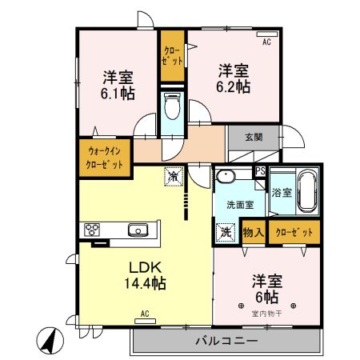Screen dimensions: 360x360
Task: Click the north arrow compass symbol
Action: tap(50, 341)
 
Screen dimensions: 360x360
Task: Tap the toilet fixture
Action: tap(172, 106)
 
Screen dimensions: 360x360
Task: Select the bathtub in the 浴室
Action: tap(307, 191)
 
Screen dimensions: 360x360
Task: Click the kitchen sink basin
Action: tap(138, 230)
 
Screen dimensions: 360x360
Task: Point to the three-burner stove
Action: tap(92, 230)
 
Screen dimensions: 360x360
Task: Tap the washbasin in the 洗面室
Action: tap(226, 177)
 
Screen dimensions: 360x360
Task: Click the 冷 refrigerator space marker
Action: tap(174, 176)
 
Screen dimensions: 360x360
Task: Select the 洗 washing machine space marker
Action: tap(226, 233)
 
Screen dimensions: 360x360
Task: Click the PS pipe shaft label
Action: tap(260, 171)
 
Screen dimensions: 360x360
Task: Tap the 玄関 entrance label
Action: tap(254, 137)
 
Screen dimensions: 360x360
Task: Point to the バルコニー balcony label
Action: tap(227, 341)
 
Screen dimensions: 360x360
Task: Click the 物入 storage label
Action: tap(254, 233)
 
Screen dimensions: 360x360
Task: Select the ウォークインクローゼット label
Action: tap(105, 158)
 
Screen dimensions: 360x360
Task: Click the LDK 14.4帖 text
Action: tap(146, 275)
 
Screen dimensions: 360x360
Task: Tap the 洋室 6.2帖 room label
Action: tap(234, 78)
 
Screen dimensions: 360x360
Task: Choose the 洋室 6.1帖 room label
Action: tap(118, 86)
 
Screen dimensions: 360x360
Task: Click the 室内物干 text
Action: tap(266, 314)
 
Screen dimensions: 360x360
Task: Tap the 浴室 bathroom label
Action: tap(282, 193)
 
